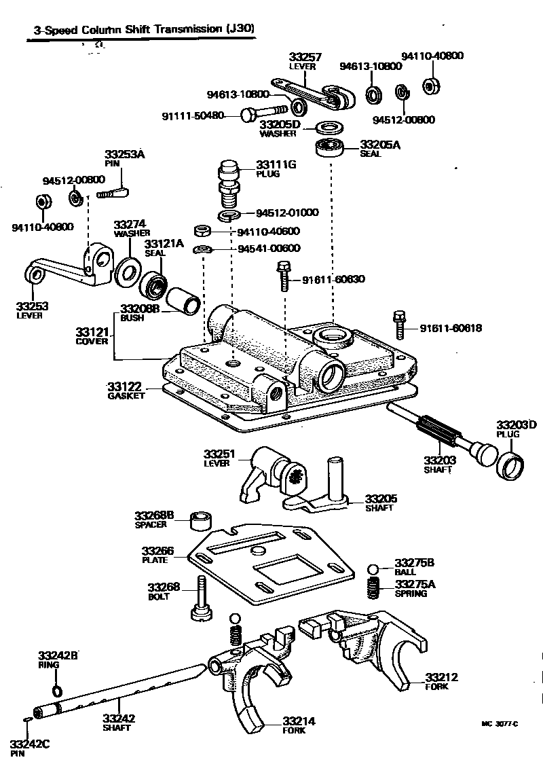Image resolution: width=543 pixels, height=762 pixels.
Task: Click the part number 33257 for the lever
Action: (x=305, y=58)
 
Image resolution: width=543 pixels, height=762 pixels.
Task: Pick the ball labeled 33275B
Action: (x=373, y=569)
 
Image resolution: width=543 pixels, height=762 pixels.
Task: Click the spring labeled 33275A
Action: (x=373, y=588)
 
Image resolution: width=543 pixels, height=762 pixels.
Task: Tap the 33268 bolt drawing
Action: (x=201, y=598)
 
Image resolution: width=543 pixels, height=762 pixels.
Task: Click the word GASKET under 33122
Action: (x=126, y=396)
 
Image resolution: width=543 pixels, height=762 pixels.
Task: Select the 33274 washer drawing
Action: (x=126, y=271)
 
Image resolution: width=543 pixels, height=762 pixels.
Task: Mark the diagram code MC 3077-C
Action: (x=499, y=724)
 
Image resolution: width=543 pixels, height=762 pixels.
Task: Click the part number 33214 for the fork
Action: (x=299, y=721)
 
